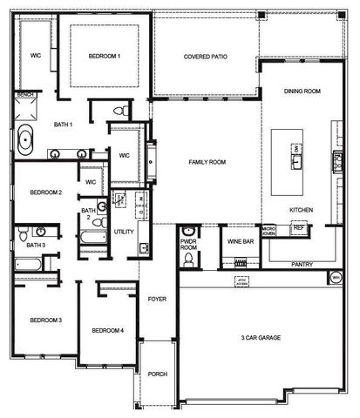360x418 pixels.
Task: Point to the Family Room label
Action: click(x=207, y=162)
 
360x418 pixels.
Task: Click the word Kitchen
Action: click(x=302, y=210)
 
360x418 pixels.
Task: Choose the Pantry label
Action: click(x=302, y=263)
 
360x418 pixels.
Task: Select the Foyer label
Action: click(x=157, y=299)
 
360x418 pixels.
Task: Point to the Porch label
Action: click(x=157, y=374)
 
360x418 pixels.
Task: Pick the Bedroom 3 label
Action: click(x=45, y=320)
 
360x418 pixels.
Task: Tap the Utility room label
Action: click(x=124, y=232)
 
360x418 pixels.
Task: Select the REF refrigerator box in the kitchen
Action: click(x=299, y=227)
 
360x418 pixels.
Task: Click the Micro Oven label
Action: click(x=269, y=230)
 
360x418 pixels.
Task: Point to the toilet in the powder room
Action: click(x=188, y=258)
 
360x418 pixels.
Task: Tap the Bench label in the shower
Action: click(x=25, y=93)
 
